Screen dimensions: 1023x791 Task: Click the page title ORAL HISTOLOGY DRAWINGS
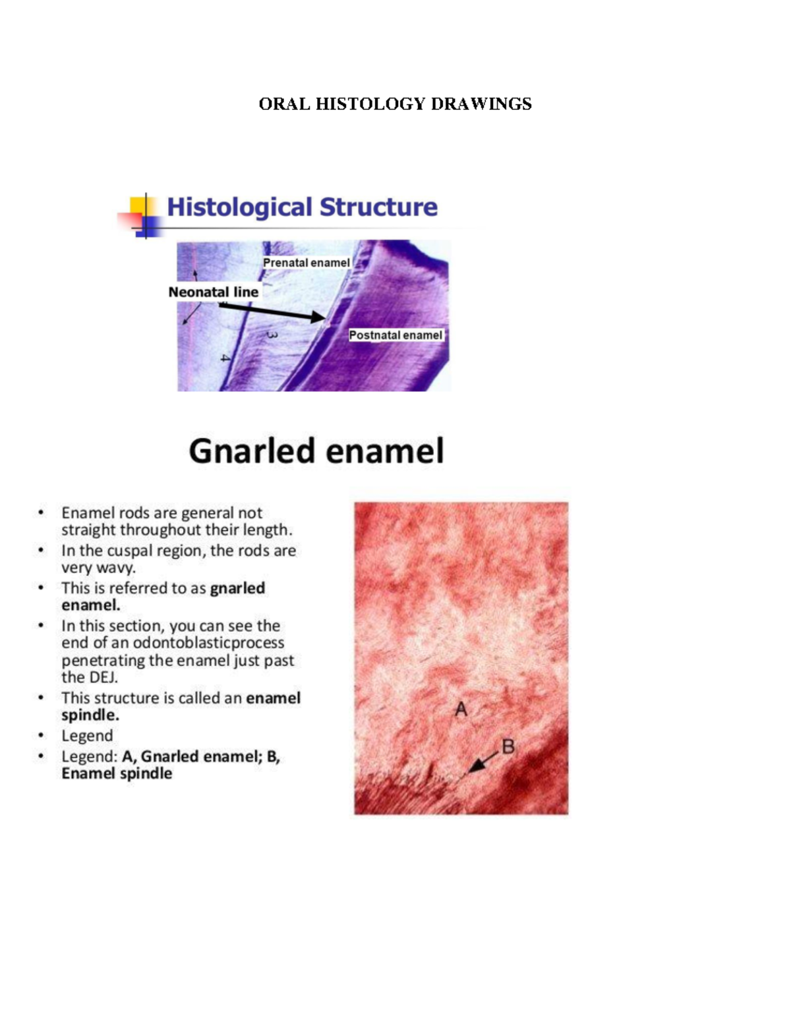(395, 104)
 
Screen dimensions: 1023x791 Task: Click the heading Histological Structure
(302, 207)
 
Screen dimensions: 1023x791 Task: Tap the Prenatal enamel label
(306, 263)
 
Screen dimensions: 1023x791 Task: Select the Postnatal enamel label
(395, 335)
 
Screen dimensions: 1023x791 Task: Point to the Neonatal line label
(213, 292)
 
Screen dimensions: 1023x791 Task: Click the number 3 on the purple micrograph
(272, 335)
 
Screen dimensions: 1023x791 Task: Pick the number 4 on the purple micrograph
(225, 358)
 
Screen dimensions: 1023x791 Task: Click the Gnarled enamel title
(316, 452)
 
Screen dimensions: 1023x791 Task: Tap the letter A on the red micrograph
(461, 709)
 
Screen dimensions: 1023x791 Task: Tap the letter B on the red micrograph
(508, 746)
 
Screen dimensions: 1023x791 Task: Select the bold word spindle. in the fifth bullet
(90, 715)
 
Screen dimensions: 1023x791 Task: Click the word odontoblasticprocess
(208, 643)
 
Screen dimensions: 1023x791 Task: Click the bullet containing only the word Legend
(87, 736)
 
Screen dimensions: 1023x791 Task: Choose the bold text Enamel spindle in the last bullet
(117, 773)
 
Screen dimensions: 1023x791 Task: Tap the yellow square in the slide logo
(138, 205)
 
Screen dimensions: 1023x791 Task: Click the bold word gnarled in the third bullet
(237, 588)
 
